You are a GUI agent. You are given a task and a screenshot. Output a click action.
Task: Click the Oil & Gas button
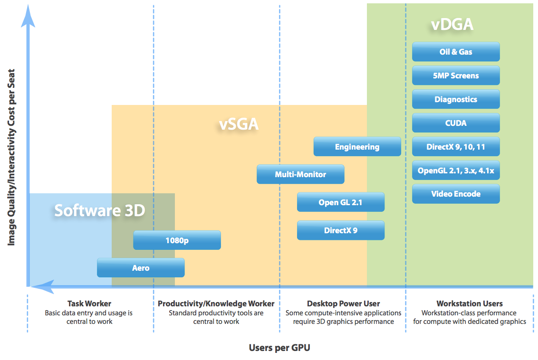456,52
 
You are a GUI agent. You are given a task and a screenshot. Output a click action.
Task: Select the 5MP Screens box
456,76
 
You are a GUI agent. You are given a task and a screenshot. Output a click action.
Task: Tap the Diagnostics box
456,99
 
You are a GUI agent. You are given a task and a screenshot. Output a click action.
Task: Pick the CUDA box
456,123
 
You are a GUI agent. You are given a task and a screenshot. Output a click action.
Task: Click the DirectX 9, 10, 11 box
456,147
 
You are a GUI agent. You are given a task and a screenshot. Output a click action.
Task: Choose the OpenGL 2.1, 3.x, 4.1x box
456,171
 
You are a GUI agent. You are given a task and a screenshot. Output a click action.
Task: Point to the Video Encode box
456,194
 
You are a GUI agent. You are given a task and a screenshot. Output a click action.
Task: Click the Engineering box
357,147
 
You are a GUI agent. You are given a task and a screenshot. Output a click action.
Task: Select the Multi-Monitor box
300,174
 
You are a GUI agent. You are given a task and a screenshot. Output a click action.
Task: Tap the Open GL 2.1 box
341,202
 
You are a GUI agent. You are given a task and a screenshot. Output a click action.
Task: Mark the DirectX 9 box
341,230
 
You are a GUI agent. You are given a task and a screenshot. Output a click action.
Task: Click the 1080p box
177,240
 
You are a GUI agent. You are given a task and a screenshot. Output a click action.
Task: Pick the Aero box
141,268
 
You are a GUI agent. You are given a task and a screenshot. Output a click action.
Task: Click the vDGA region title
452,24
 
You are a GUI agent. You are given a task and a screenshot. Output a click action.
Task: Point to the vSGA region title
239,124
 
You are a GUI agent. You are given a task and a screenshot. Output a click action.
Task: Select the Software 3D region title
100,210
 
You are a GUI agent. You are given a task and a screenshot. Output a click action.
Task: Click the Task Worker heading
89,303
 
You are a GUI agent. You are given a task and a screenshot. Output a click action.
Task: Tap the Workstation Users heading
470,303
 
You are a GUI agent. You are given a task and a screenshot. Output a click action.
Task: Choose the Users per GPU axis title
279,348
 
